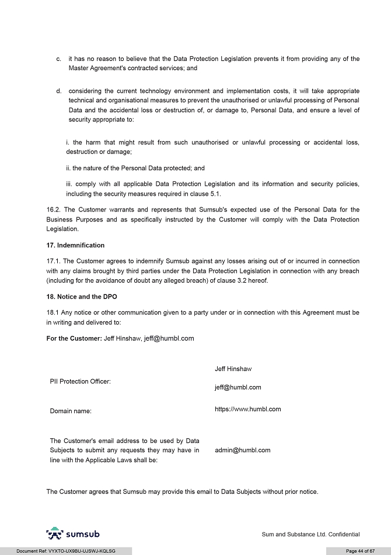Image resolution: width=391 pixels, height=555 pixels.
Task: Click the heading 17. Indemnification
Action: [75, 245]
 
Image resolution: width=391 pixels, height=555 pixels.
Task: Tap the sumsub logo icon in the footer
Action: [54, 533]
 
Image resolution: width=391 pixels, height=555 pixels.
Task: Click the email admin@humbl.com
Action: [242, 450]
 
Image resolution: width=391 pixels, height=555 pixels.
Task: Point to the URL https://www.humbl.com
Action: [247, 409]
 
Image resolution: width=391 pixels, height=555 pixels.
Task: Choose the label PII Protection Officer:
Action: [81, 381]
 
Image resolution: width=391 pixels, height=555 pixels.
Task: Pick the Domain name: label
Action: [71, 411]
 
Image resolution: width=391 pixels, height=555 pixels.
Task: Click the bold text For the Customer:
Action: [74, 338]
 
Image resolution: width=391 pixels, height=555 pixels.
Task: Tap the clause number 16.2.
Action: [53, 209]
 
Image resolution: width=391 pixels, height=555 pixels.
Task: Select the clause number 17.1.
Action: [53, 261]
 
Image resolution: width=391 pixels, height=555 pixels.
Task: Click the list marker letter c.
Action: [59, 59]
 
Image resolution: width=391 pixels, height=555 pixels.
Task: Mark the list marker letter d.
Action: [59, 91]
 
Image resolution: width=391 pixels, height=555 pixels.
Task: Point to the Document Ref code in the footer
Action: [65, 551]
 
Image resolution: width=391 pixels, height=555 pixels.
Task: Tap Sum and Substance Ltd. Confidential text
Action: [310, 535]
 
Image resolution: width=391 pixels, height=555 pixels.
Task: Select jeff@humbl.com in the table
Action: [238, 387]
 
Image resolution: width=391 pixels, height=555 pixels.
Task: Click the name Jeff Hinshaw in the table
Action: [233, 369]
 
